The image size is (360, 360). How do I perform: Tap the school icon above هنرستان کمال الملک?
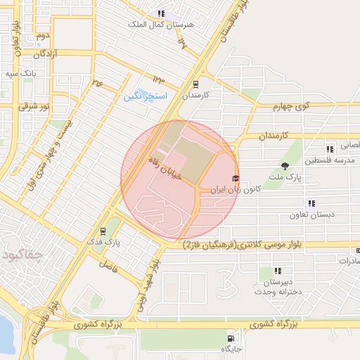(x=161, y=13)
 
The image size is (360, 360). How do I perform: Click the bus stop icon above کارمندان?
(x=195, y=84)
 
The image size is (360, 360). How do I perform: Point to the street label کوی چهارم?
(x=292, y=106)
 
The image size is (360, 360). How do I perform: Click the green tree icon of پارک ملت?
(x=285, y=167)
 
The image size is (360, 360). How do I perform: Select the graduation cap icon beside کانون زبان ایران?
(x=235, y=179)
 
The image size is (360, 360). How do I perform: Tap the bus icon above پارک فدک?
(x=103, y=231)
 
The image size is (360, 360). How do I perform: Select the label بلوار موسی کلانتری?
(x=243, y=245)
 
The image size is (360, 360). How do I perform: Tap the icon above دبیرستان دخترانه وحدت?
(x=278, y=271)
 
